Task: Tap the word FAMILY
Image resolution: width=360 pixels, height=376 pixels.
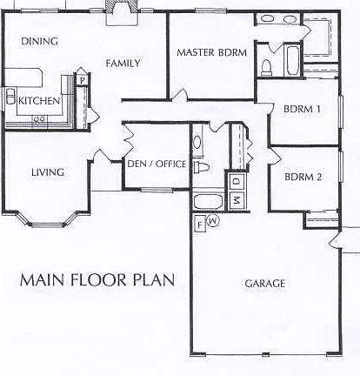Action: tap(123, 63)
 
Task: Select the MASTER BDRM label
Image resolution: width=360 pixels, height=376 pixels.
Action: tap(212, 52)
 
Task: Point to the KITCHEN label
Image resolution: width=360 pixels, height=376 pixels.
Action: tap(39, 101)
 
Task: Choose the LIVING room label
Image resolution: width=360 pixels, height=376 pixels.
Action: tap(47, 172)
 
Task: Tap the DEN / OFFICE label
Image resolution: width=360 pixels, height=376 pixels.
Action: tap(157, 163)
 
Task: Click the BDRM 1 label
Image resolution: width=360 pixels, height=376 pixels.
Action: tap(303, 109)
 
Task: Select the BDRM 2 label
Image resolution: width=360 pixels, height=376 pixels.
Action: tap(303, 177)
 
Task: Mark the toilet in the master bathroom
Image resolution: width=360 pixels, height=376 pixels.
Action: tap(268, 68)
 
